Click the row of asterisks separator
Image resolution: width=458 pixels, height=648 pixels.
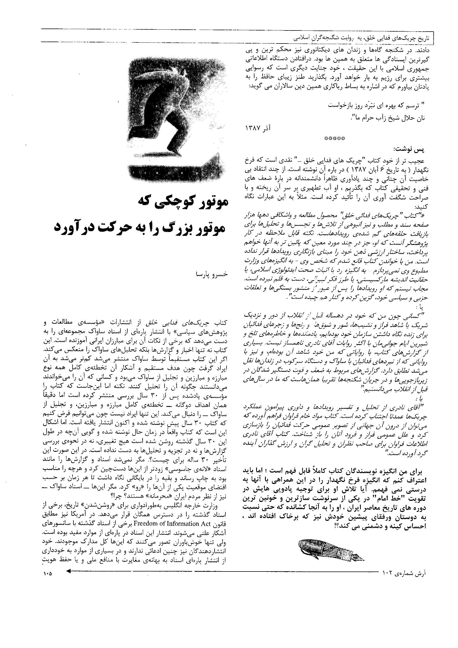[335, 138]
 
